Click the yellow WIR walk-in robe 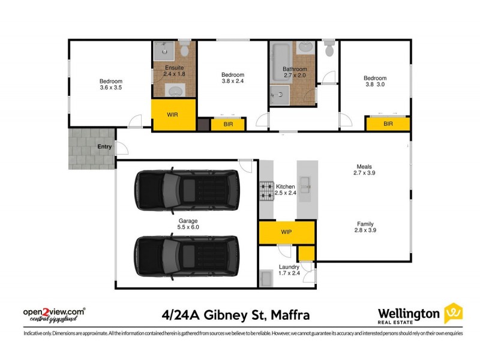point(172,115)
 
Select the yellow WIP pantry point(286,232)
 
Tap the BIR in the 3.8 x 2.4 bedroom point(228,124)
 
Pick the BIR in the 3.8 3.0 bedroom point(388,124)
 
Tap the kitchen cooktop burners point(266,191)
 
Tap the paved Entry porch point(91,148)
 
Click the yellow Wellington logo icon point(453,314)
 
